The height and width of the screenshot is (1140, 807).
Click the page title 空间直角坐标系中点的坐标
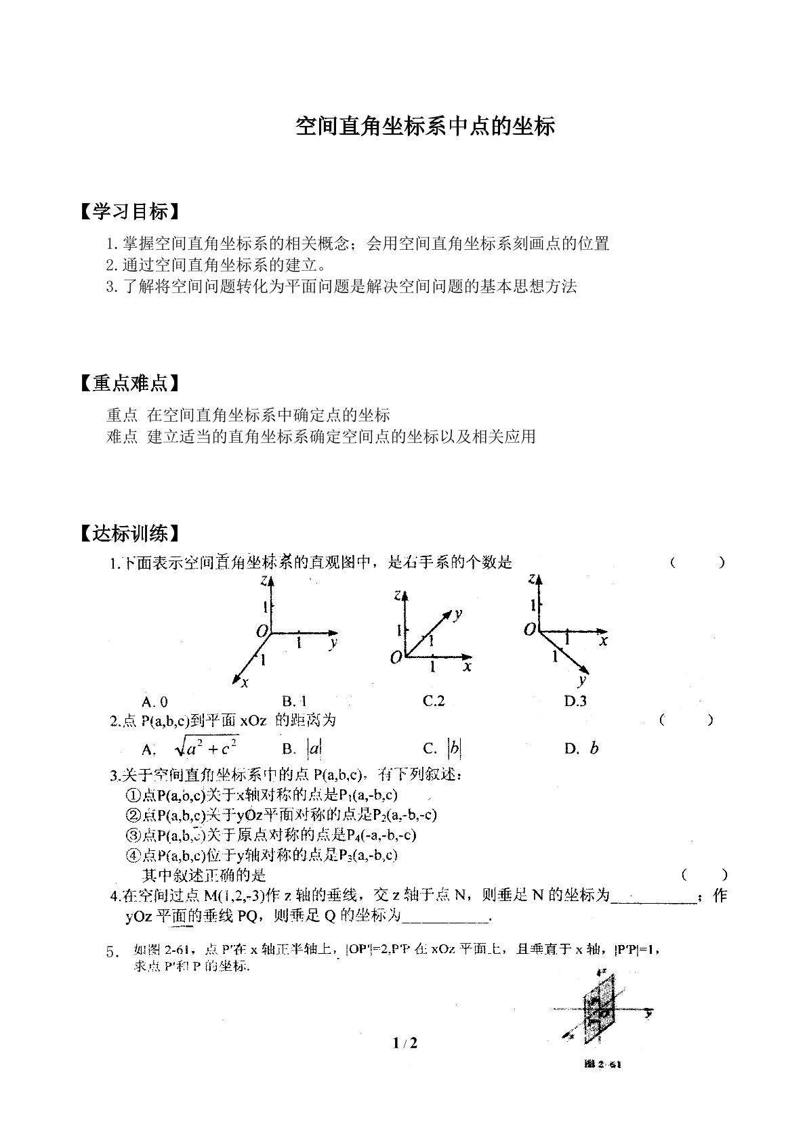click(425, 127)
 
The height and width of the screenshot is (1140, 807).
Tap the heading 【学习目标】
click(130, 212)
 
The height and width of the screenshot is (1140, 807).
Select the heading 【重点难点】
click(130, 384)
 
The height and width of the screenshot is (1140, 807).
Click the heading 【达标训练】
click(130, 533)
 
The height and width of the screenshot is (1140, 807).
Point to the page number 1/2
click(405, 1043)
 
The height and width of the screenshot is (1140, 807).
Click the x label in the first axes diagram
click(245, 682)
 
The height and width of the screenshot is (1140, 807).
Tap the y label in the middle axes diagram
click(458, 614)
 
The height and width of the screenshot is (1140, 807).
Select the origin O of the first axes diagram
click(262, 631)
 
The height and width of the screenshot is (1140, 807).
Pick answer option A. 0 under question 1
click(155, 701)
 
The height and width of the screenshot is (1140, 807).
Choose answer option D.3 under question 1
click(575, 701)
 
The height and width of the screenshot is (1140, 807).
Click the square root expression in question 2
click(206, 747)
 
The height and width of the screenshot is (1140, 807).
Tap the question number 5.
click(112, 952)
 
